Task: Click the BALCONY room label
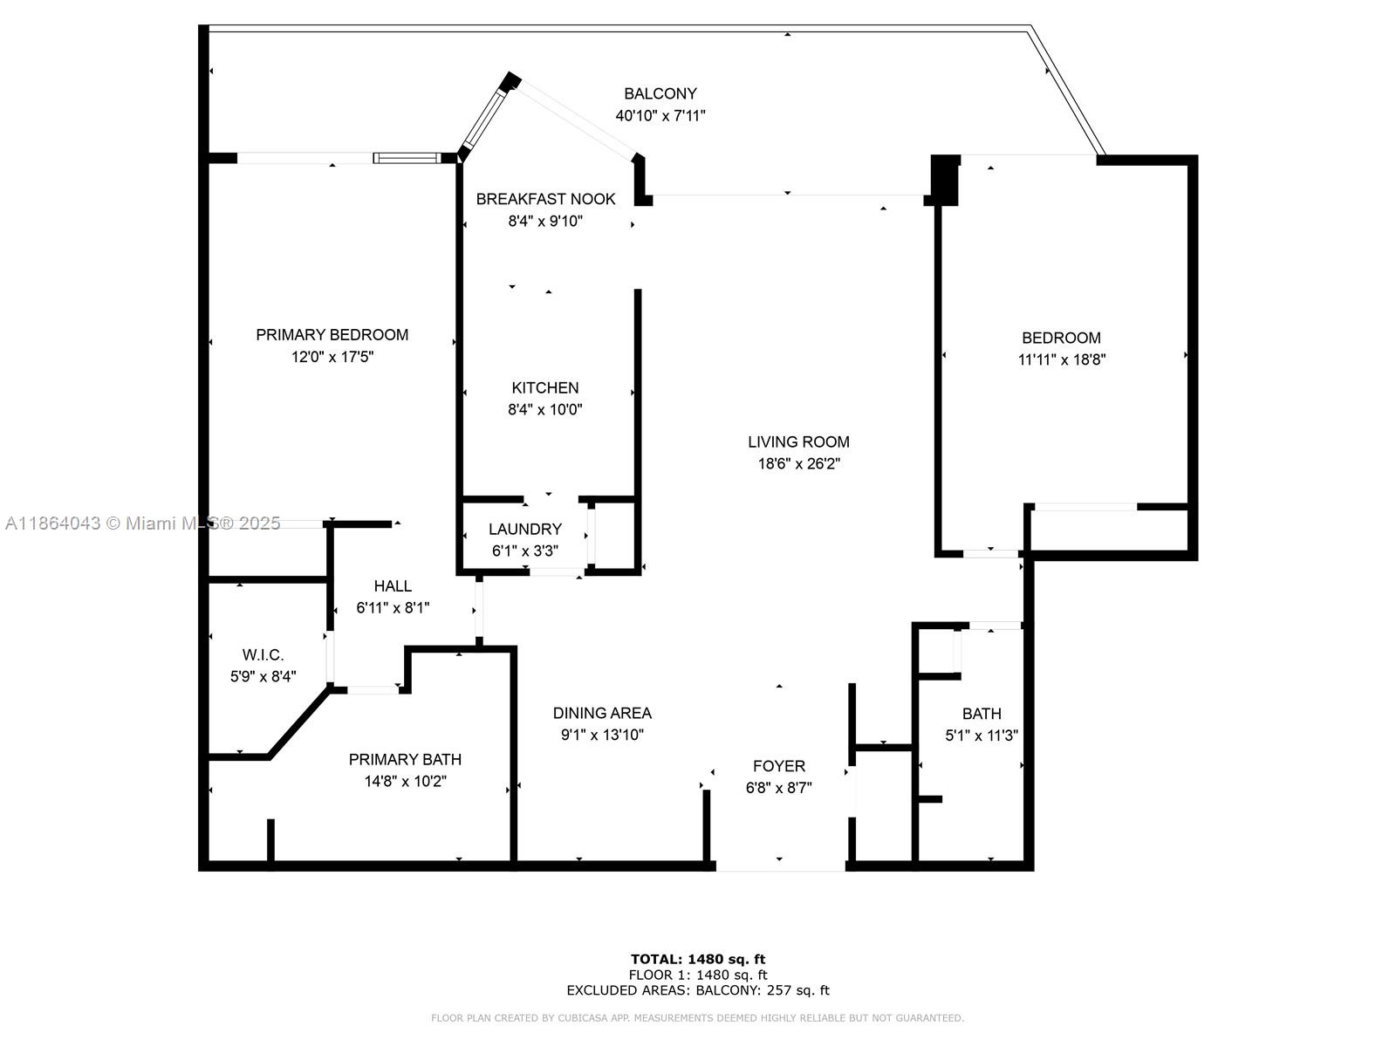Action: coord(660,93)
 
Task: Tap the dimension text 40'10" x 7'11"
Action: coord(660,115)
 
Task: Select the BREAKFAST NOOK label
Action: coord(545,199)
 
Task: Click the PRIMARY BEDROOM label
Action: coord(332,334)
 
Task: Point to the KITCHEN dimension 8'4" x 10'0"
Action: coord(544,409)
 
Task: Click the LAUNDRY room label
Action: coord(524,529)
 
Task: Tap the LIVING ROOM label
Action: coord(797,441)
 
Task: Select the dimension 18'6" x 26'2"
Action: coord(797,464)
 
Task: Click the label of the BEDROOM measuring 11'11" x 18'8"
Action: coord(1061,338)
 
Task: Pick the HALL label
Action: coord(393,585)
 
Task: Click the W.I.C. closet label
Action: coord(263,654)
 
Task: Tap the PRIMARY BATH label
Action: coord(405,759)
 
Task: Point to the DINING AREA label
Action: coord(602,713)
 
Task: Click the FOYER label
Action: coord(778,766)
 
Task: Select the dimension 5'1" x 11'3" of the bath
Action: coord(982,736)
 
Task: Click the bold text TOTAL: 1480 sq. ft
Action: coord(698,959)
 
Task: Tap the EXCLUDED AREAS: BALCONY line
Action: coord(698,990)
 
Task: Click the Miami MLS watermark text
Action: coord(142,523)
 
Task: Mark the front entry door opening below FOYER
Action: coord(780,866)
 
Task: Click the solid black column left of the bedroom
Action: coord(945,179)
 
